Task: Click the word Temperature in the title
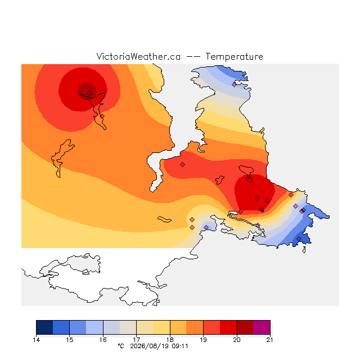pos(234,56)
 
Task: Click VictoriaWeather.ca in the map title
pos(138,56)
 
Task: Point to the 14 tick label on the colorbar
pos(36,340)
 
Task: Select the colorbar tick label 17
pos(136,340)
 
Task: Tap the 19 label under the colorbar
pos(203,340)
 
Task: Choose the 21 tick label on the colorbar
pos(270,340)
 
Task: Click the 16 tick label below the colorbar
pos(103,340)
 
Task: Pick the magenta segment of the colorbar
pos(262,327)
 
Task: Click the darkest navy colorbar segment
pos(44,327)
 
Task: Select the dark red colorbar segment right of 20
pos(245,327)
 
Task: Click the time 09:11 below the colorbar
pos(180,346)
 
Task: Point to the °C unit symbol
pos(121,346)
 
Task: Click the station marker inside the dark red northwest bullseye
pos(90,93)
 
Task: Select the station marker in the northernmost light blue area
pos(234,84)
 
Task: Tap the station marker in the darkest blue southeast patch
pos(299,238)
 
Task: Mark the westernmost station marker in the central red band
pos(182,164)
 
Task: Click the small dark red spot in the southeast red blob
pos(258,198)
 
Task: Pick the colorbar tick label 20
pos(237,340)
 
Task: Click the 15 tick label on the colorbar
pos(70,340)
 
